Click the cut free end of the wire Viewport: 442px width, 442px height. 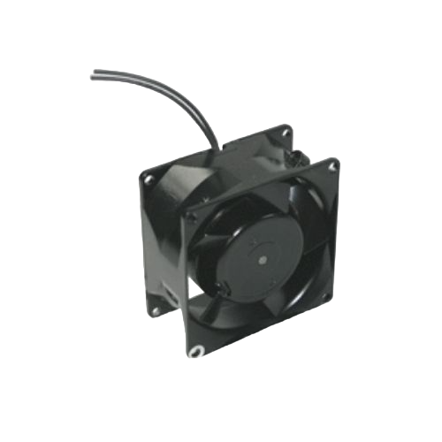(93, 76)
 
